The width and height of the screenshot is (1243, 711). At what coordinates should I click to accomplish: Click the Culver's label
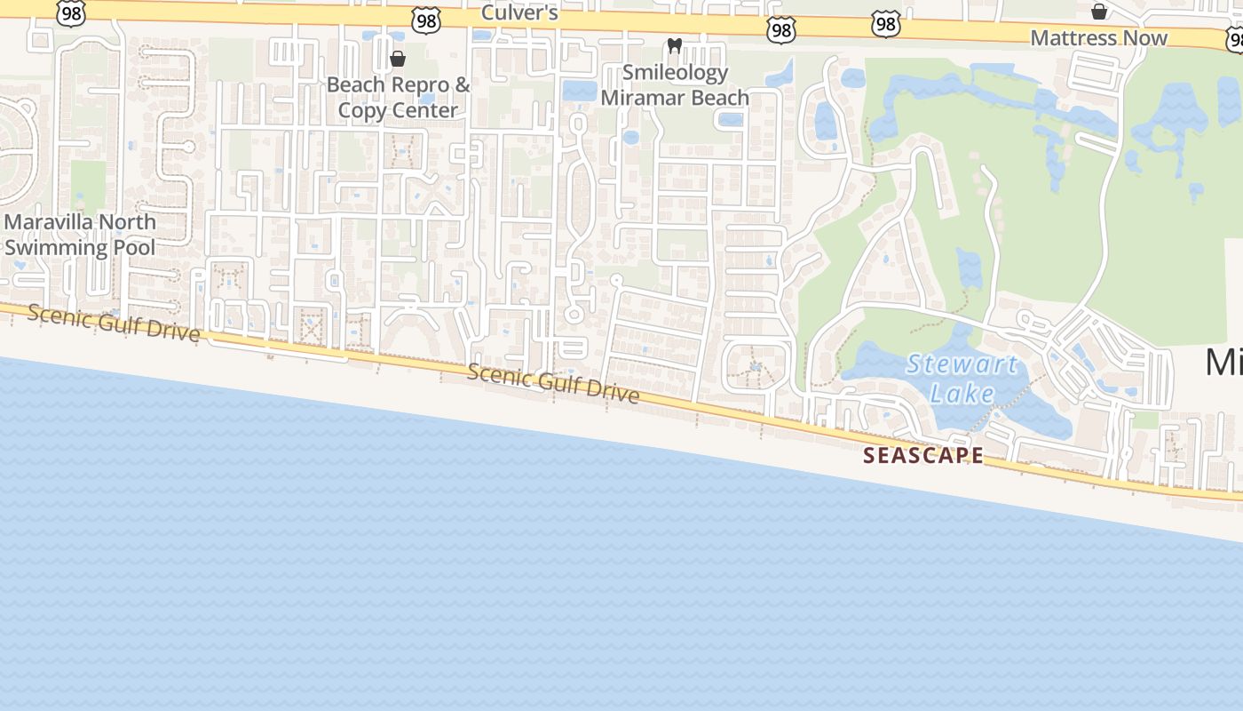[x=519, y=12]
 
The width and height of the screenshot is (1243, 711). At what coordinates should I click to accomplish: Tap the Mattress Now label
[x=1099, y=37]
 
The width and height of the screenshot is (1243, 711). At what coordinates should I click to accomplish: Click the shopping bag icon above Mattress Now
[x=1099, y=12]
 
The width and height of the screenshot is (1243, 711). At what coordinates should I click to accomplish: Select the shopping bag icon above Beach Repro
[x=398, y=59]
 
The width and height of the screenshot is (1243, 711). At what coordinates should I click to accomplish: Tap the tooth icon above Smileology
[x=674, y=45]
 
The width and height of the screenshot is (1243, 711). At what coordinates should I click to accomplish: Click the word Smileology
[x=675, y=72]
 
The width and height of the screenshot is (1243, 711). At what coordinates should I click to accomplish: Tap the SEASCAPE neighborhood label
[x=923, y=456]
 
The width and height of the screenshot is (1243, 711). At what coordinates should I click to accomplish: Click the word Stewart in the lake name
[x=962, y=364]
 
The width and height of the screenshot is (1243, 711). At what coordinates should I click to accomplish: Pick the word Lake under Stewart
[x=962, y=393]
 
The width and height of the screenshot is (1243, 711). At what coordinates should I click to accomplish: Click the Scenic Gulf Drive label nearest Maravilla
[x=114, y=323]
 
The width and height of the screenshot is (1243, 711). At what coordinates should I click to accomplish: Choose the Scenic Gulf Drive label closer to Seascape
[x=552, y=383]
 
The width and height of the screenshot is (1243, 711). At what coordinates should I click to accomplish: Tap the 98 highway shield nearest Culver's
[x=427, y=22]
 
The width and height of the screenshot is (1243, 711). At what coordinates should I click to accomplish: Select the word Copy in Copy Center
[x=363, y=110]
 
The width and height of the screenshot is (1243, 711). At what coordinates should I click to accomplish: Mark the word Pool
[x=133, y=247]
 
